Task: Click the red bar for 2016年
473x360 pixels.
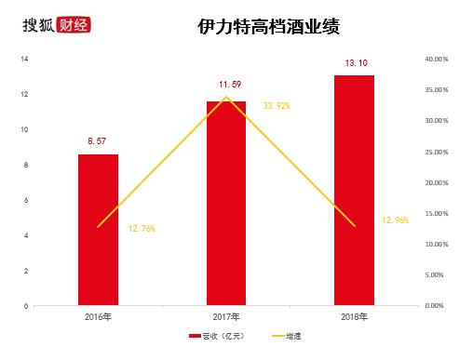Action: tap(98, 229)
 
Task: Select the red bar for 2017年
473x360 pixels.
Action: tap(226, 203)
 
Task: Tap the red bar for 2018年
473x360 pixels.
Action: tap(355, 190)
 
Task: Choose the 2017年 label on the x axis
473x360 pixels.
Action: tap(226, 317)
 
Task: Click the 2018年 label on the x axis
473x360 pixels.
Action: tap(355, 317)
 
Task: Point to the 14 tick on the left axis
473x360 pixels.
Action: tap(24, 59)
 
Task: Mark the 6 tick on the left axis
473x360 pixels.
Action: tap(26, 200)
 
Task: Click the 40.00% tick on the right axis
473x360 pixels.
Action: tap(436, 59)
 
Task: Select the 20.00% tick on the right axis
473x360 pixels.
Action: tap(436, 182)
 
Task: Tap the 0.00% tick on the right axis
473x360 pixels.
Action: tap(438, 305)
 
